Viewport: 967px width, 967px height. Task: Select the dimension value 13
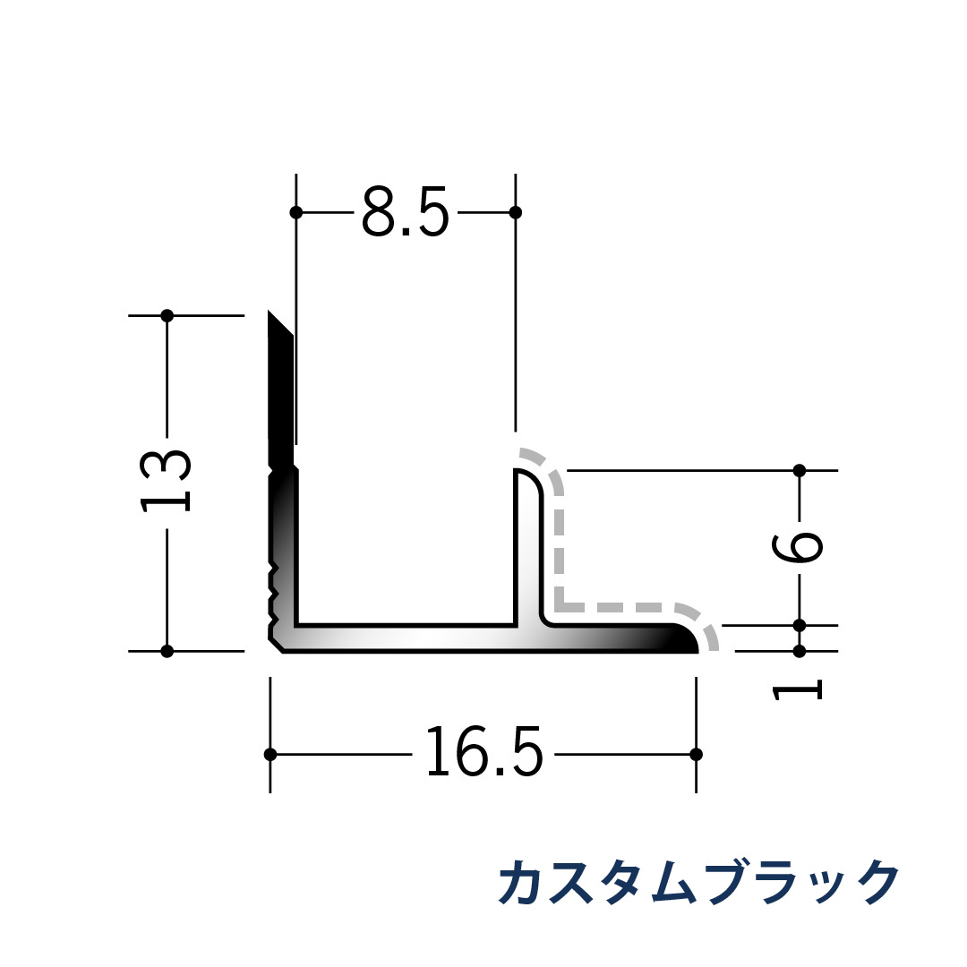pos(167,481)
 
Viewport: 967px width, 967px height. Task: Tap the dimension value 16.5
pos(483,753)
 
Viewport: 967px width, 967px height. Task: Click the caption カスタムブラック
pos(697,883)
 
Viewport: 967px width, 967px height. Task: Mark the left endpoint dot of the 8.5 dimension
pos(296,212)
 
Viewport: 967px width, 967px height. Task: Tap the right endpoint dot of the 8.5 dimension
pos(515,212)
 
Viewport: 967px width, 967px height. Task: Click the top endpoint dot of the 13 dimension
pos(167,315)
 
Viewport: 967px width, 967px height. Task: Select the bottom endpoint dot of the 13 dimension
pos(167,651)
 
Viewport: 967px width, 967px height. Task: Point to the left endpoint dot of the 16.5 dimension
pos(270,754)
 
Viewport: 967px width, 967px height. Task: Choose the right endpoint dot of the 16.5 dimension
pos(697,754)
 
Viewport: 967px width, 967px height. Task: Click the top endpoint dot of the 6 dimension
pos(800,470)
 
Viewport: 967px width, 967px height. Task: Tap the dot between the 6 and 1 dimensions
pos(800,625)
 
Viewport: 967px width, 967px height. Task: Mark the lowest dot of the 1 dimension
pos(800,651)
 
